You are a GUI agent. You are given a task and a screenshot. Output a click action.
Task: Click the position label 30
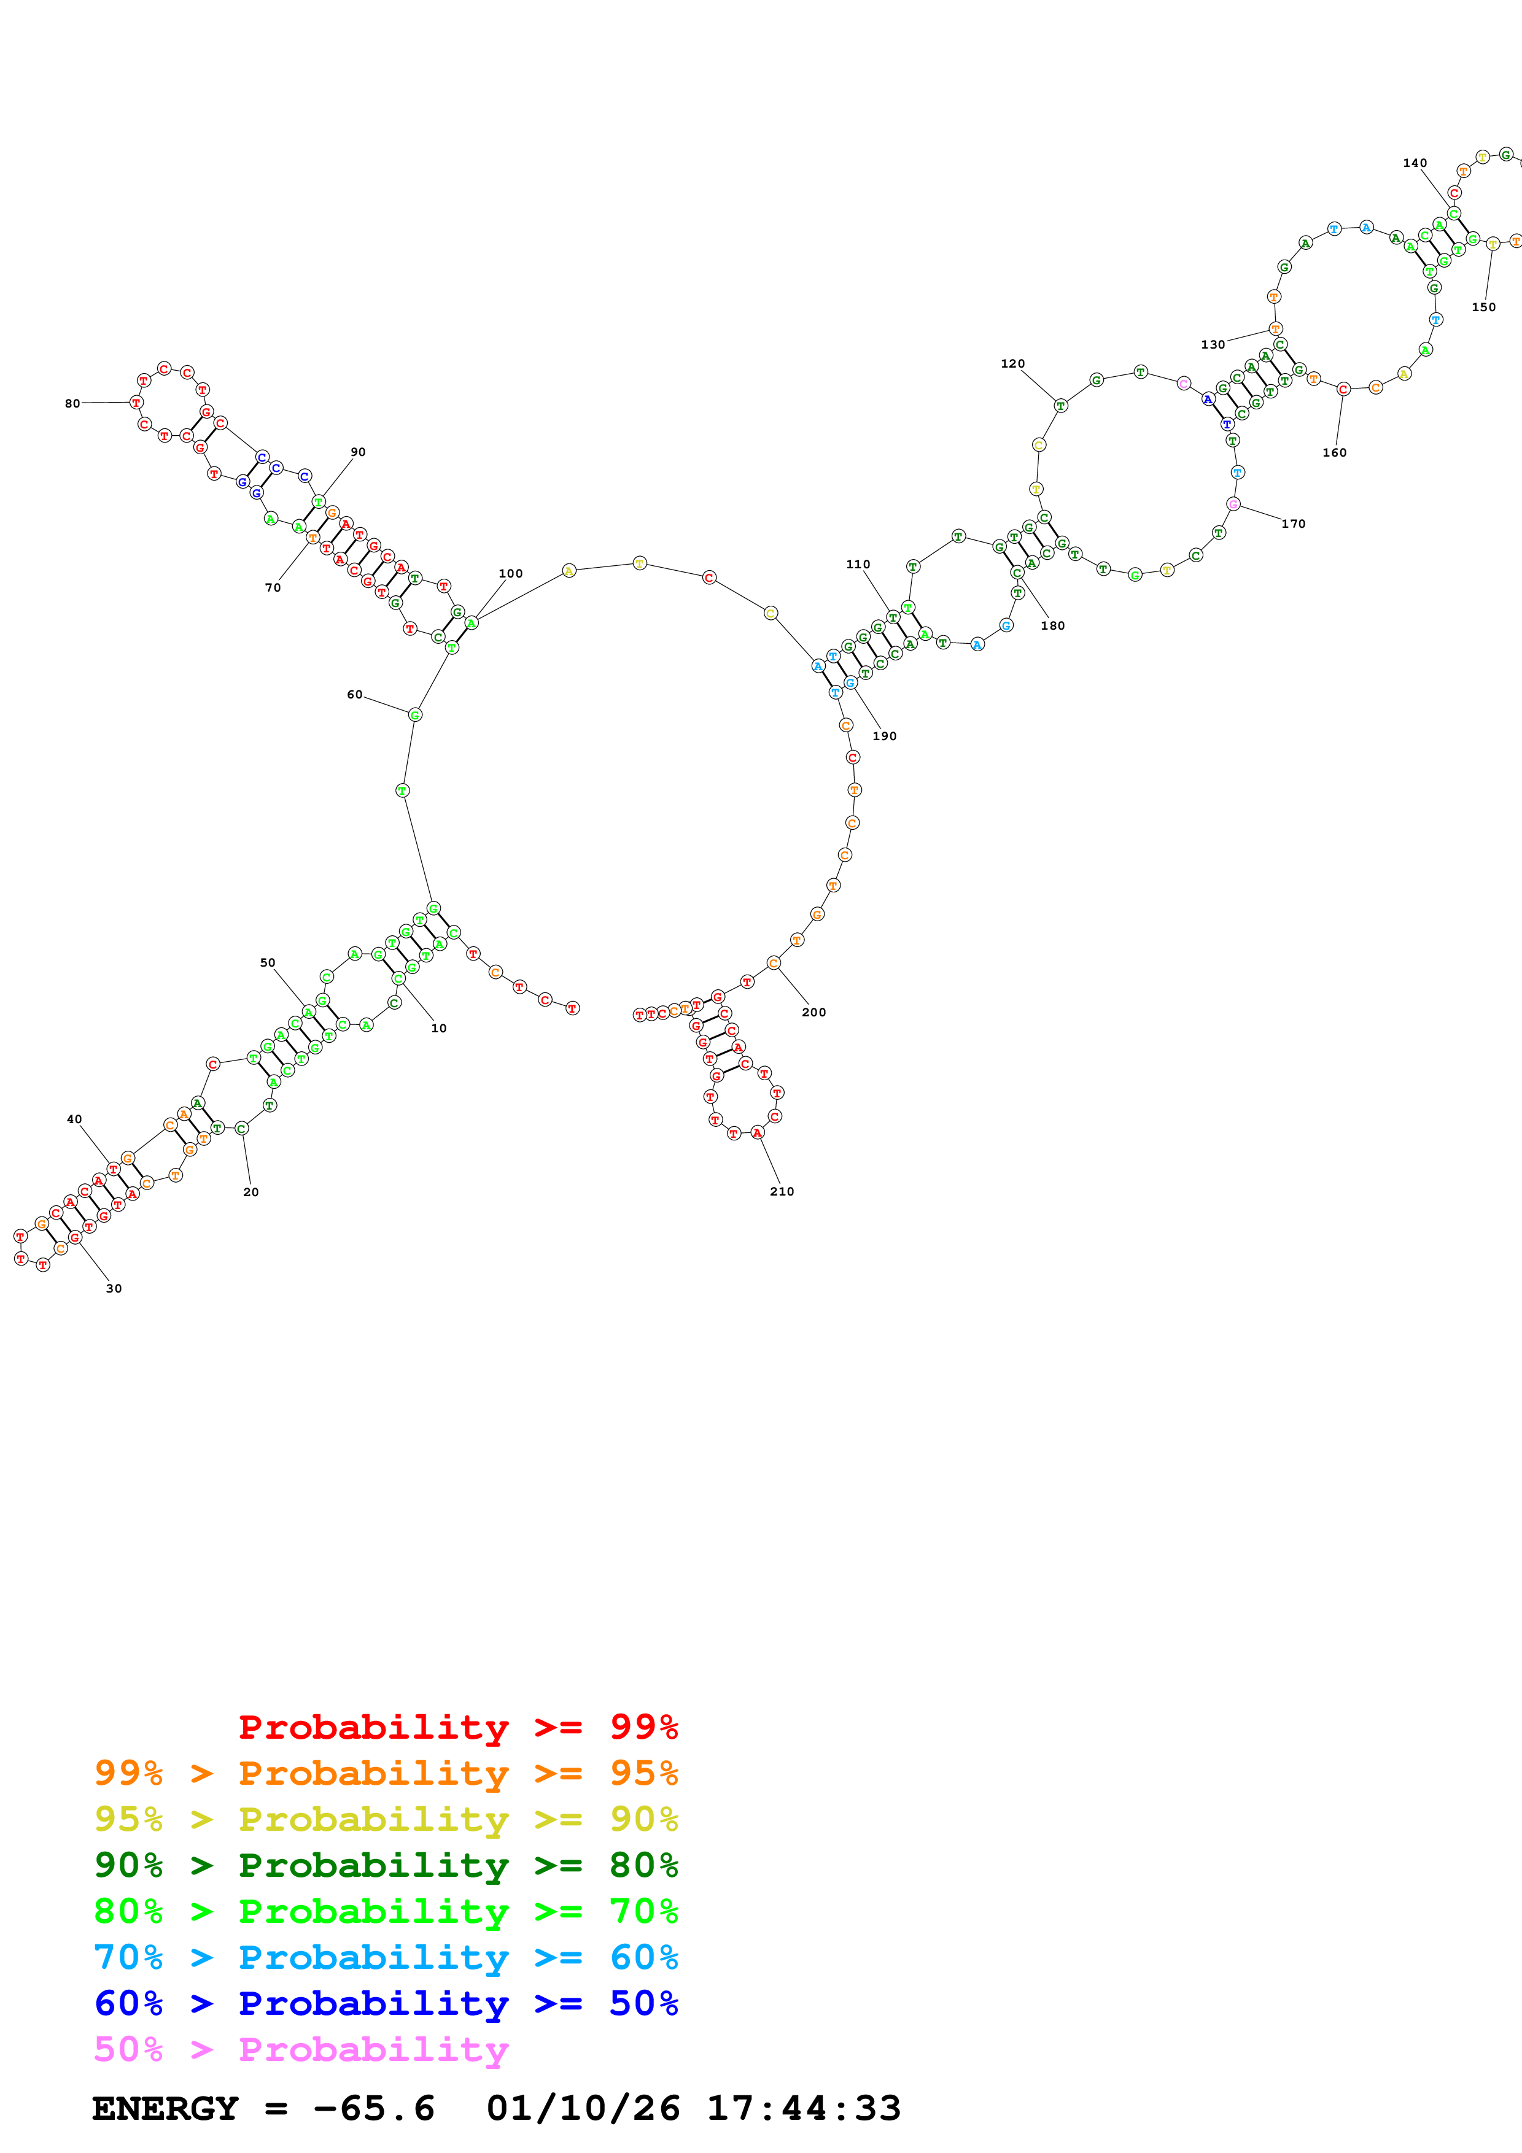coord(114,1288)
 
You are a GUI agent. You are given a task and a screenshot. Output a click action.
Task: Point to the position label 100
coord(510,573)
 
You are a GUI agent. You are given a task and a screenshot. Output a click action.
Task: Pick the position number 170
coord(1293,524)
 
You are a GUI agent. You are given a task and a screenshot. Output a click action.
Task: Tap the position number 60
coord(354,694)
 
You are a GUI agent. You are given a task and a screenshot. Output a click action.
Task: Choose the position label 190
coord(884,735)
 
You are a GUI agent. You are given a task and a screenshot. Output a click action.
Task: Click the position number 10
coord(439,1028)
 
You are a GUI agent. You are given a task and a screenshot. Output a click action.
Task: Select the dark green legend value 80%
coord(643,1865)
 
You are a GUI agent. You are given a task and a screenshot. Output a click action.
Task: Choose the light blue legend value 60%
coord(643,1957)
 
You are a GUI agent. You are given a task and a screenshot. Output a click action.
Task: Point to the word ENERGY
coord(165,2109)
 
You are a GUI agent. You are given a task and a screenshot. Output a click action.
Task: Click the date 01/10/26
coord(583,2109)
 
